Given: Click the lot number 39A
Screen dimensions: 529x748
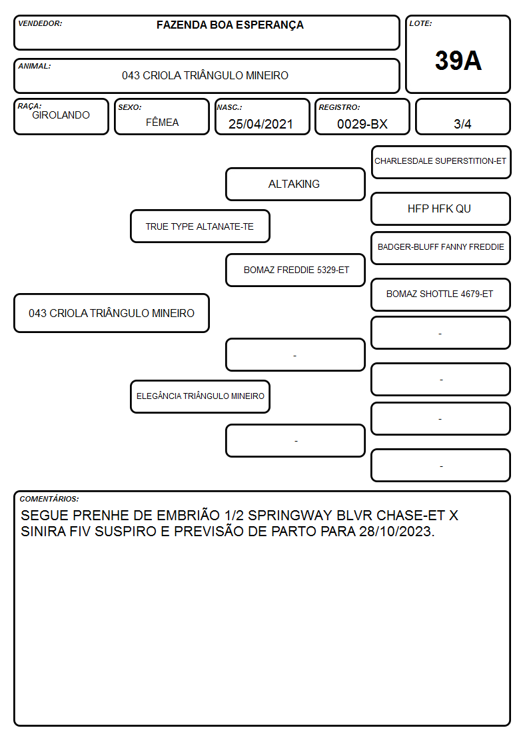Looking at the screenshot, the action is pyautogui.click(x=458, y=61).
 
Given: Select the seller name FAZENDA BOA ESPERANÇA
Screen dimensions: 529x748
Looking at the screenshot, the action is pyautogui.click(x=230, y=25).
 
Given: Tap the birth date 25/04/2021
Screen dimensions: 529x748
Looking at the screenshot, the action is pyautogui.click(x=261, y=124).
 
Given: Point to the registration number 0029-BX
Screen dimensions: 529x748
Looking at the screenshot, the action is pyautogui.click(x=362, y=124).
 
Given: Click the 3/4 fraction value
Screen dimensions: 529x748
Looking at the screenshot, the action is pyautogui.click(x=462, y=124).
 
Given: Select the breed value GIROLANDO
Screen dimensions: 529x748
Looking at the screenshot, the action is pyautogui.click(x=61, y=115).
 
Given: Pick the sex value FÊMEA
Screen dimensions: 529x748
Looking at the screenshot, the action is pyautogui.click(x=162, y=122).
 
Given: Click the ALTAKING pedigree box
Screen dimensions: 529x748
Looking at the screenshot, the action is pyautogui.click(x=295, y=184).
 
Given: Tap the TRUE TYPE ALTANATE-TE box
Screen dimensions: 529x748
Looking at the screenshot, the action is pyautogui.click(x=200, y=226).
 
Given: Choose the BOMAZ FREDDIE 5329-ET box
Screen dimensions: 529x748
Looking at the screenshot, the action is pyautogui.click(x=295, y=270).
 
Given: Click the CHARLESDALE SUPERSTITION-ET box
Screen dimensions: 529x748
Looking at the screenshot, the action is pyautogui.click(x=441, y=163).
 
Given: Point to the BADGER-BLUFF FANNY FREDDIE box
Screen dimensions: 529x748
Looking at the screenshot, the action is pyautogui.click(x=441, y=248).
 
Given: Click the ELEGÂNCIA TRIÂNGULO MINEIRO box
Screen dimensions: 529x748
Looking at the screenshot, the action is pyautogui.click(x=200, y=396).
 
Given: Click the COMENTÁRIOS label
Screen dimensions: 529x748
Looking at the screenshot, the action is pyautogui.click(x=49, y=499).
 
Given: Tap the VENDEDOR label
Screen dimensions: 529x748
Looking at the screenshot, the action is pyautogui.click(x=40, y=23).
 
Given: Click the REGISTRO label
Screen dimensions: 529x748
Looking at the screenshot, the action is pyautogui.click(x=339, y=107).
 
